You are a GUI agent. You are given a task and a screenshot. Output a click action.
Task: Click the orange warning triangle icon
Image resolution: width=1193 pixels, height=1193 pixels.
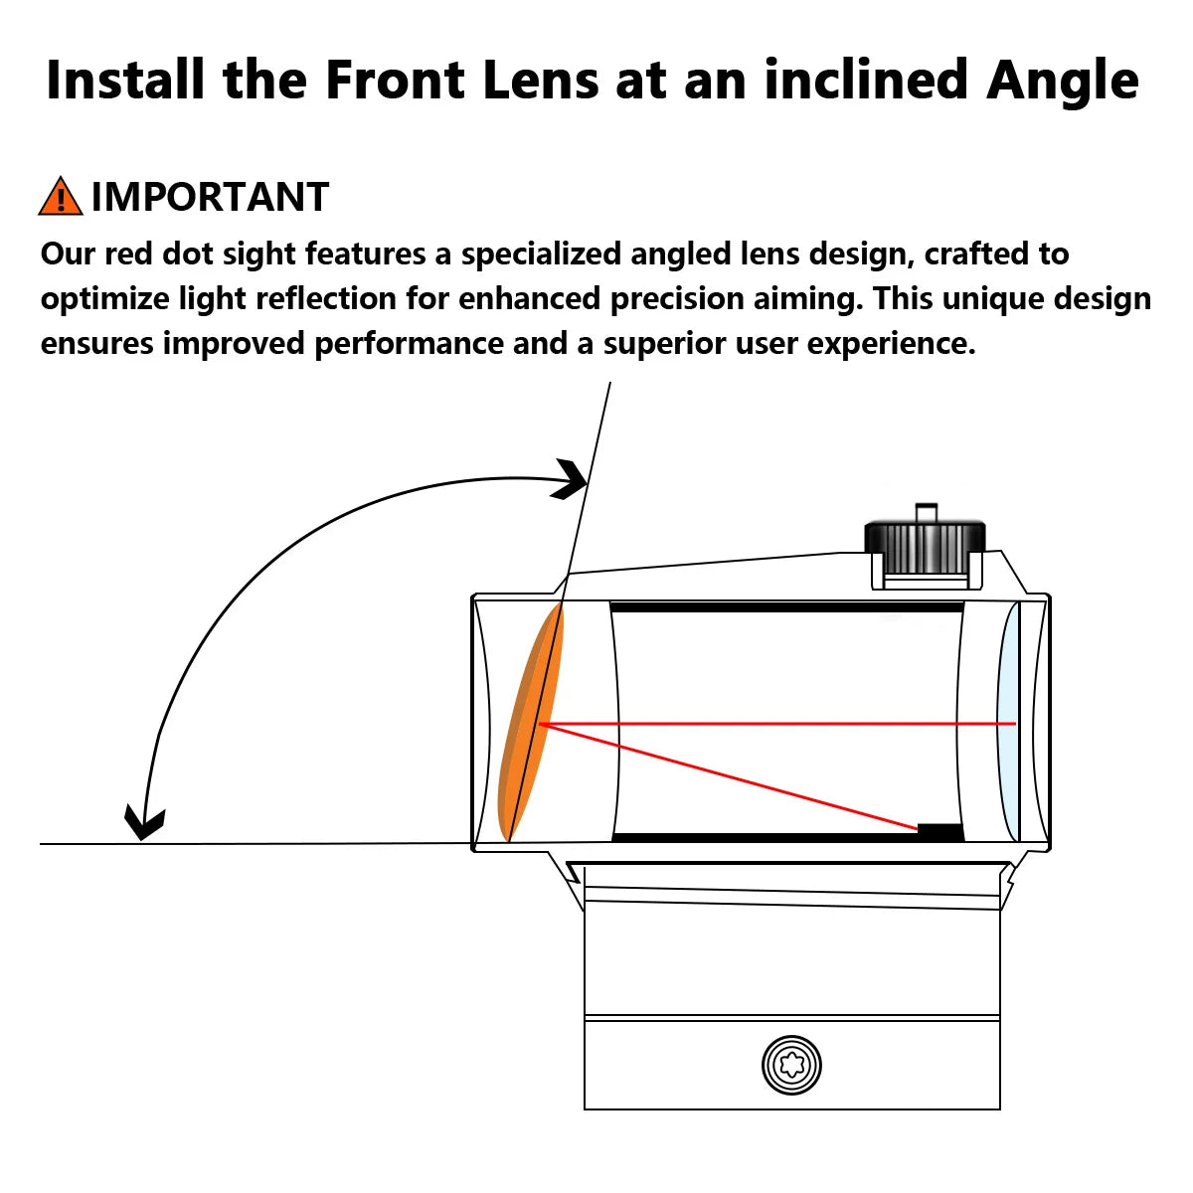coord(61,197)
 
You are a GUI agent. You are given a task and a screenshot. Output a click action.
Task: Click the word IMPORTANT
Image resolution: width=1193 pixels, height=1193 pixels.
coord(210,198)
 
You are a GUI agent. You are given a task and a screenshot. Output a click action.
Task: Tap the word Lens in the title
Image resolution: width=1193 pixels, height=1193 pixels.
coord(541,80)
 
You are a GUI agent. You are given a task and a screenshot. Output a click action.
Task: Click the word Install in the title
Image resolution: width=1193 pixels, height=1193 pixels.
coord(125,80)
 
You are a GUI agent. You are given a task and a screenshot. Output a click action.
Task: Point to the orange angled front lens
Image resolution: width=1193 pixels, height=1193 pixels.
coord(531,721)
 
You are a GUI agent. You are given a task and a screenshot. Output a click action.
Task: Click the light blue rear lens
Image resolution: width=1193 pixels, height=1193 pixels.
coord(1007,722)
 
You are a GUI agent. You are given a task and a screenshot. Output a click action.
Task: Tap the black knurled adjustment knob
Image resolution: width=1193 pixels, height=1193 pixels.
coord(925,546)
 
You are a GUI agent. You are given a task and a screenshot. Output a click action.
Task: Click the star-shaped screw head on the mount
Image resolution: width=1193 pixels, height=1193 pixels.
coord(791,1065)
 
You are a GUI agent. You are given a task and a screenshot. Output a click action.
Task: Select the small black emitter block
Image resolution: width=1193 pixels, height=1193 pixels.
coord(939,833)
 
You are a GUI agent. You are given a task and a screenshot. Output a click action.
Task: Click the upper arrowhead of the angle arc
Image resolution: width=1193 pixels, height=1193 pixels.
coord(570,479)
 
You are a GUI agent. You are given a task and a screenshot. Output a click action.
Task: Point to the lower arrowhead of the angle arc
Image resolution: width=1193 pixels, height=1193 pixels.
coord(144,823)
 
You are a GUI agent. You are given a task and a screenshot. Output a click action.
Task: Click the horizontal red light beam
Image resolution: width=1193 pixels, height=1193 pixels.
coord(777,723)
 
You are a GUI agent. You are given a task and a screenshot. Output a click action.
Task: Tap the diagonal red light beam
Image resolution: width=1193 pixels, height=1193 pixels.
coord(729,775)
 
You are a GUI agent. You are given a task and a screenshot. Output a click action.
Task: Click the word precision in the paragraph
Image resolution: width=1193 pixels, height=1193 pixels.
coord(677,299)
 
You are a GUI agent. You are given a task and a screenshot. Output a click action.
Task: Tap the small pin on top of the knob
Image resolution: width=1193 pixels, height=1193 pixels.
coord(926,513)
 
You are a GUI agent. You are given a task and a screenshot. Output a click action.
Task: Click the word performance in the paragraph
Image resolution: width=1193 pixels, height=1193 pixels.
coord(410,344)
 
